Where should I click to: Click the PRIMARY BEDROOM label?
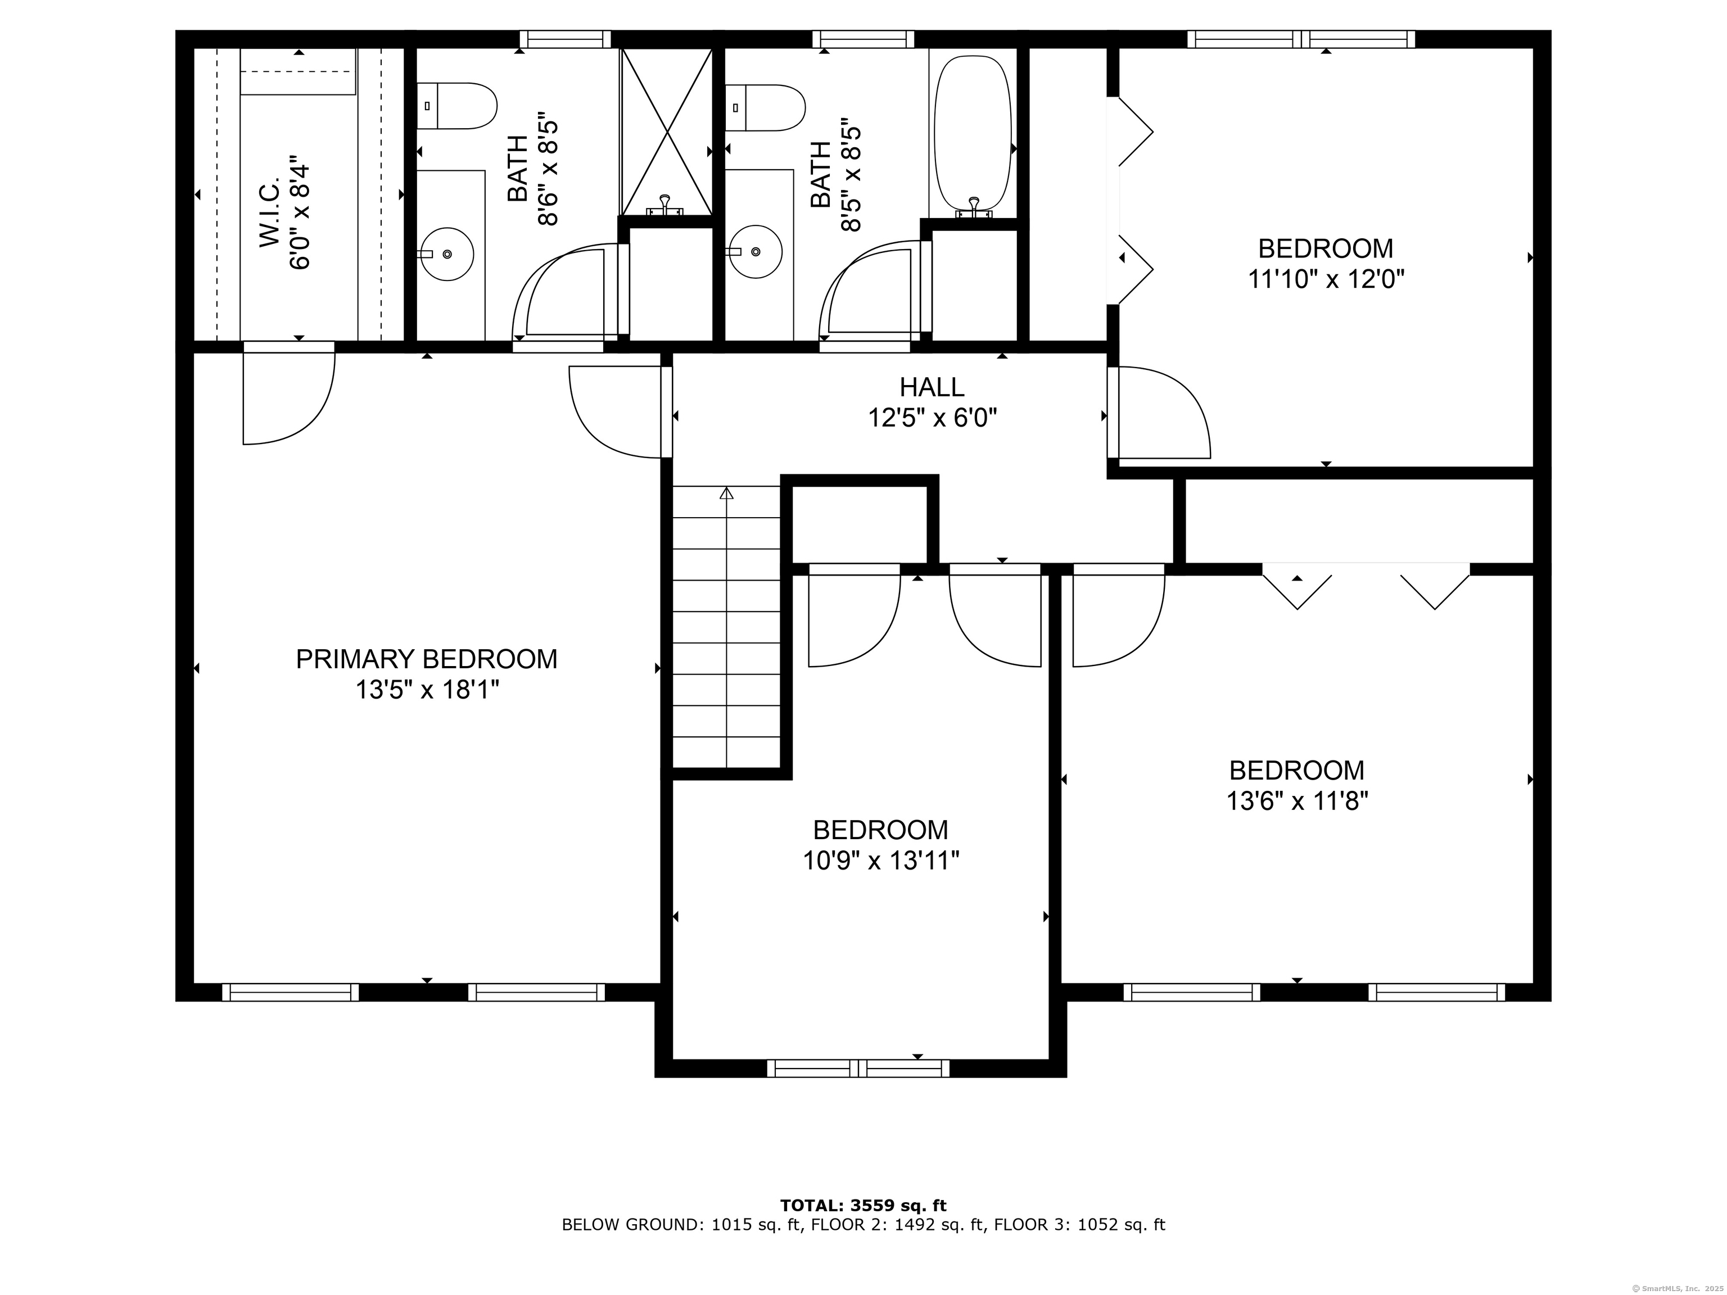click(426, 660)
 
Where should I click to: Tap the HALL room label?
click(932, 387)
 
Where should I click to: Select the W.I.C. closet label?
click(270, 214)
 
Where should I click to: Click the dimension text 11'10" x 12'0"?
click(1326, 279)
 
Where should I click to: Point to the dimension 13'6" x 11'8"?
click(1297, 802)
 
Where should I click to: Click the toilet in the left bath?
click(456, 106)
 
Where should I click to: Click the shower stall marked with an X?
click(667, 131)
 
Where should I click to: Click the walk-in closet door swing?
click(290, 394)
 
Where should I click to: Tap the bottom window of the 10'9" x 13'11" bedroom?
click(858, 1068)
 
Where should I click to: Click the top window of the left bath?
click(565, 39)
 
